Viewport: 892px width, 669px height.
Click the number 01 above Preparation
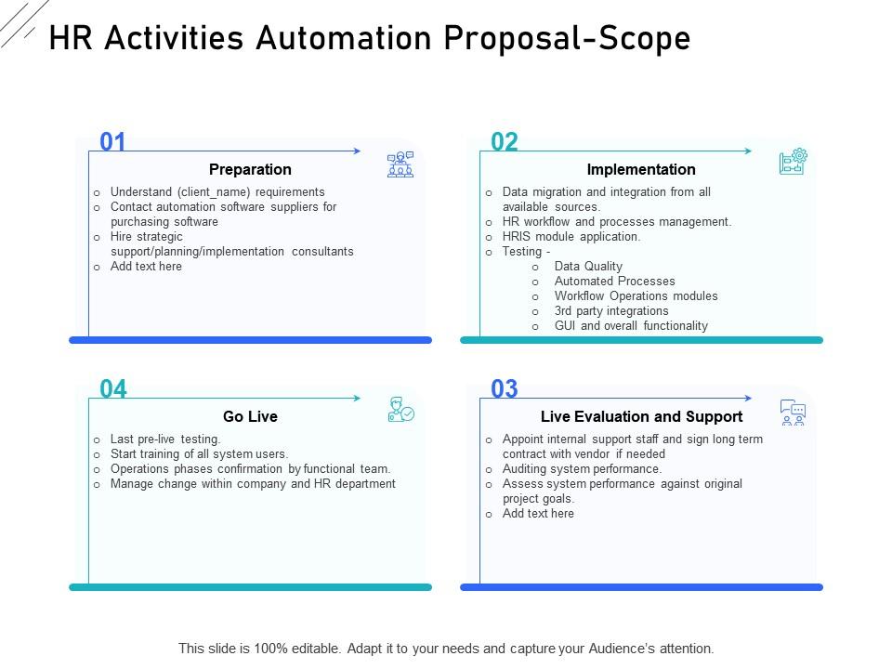(x=112, y=142)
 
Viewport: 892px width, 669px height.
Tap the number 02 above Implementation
(x=504, y=142)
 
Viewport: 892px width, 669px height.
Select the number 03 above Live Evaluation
(x=504, y=389)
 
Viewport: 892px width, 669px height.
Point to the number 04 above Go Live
(x=112, y=389)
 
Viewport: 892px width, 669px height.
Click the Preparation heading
(x=250, y=169)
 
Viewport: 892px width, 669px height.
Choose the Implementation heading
(x=641, y=169)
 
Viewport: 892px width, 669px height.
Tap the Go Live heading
(x=250, y=416)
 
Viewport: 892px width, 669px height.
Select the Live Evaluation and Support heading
(x=641, y=416)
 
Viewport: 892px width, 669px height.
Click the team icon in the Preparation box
(x=400, y=164)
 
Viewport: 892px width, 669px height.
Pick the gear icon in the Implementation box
(x=793, y=162)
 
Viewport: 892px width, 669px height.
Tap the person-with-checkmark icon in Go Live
(x=400, y=410)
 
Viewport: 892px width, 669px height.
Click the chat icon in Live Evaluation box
(x=793, y=412)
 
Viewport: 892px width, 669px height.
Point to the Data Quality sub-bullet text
(x=588, y=267)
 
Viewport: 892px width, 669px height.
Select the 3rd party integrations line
(x=611, y=311)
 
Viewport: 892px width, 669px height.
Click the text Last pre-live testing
(x=165, y=439)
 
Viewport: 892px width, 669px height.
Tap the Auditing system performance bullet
(x=582, y=469)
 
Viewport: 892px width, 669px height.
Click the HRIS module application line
(x=571, y=237)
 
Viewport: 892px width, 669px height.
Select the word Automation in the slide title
(x=343, y=38)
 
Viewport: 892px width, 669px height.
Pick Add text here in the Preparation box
(x=146, y=267)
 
